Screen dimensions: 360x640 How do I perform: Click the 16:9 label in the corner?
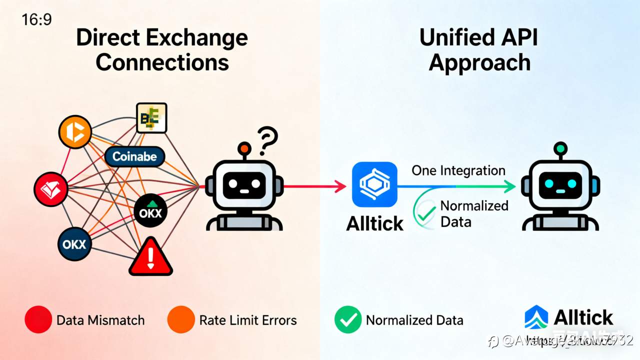[x=36, y=19]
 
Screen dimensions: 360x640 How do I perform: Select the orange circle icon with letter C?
[x=75, y=132]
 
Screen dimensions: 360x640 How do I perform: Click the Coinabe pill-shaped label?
[x=134, y=156]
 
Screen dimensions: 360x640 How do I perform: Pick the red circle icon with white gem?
[x=50, y=189]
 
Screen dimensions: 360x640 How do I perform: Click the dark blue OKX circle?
[x=74, y=244]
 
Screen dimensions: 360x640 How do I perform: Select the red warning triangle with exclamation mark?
[x=151, y=257]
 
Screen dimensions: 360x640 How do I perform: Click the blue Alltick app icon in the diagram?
[x=374, y=184]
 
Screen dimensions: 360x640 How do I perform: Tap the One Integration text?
[x=458, y=170]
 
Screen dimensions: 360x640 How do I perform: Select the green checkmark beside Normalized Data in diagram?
[x=425, y=214]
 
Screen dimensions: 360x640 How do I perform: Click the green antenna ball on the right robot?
[x=560, y=148]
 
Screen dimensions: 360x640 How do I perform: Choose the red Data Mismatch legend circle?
[x=38, y=320]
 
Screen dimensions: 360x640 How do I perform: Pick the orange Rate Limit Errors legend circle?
[x=180, y=320]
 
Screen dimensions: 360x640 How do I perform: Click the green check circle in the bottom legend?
[x=347, y=320]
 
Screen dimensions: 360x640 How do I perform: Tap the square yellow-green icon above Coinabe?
[x=151, y=117]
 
